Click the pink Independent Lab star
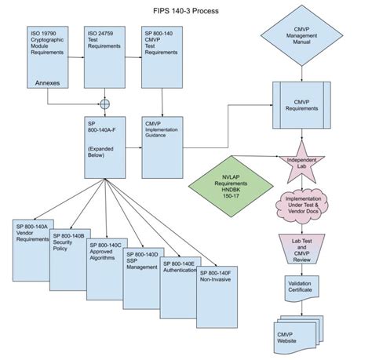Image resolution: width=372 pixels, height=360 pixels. (303, 161)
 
